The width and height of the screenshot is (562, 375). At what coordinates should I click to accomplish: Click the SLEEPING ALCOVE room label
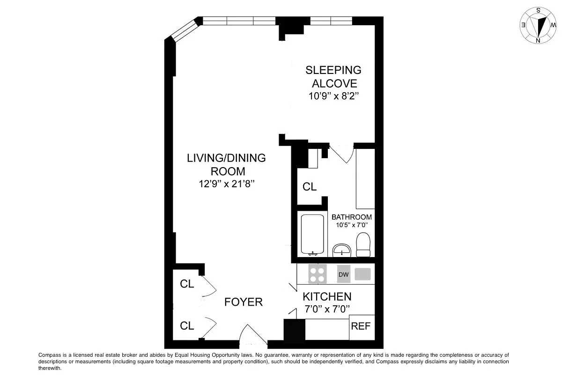coord(333,77)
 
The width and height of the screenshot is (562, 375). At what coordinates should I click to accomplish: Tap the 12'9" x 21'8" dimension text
coord(226,184)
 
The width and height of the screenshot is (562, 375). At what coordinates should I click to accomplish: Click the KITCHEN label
coord(327,296)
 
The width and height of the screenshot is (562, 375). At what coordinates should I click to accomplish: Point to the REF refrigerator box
coord(361,326)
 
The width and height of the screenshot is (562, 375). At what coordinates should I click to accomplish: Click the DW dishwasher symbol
coord(344,274)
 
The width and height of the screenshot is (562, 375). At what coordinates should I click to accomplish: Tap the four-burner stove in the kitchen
coord(318,274)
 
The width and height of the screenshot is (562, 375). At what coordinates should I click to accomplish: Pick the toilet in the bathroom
coord(363,245)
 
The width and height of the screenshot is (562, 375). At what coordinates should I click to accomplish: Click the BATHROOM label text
coord(352,217)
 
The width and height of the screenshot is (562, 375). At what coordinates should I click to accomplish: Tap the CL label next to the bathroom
coord(310,187)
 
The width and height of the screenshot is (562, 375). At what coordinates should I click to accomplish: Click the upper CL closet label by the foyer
coord(187,284)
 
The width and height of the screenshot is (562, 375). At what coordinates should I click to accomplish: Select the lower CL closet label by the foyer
coord(187,326)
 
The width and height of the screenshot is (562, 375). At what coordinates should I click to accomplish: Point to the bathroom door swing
coord(342,154)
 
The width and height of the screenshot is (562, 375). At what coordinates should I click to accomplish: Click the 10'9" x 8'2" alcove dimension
coord(333,97)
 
